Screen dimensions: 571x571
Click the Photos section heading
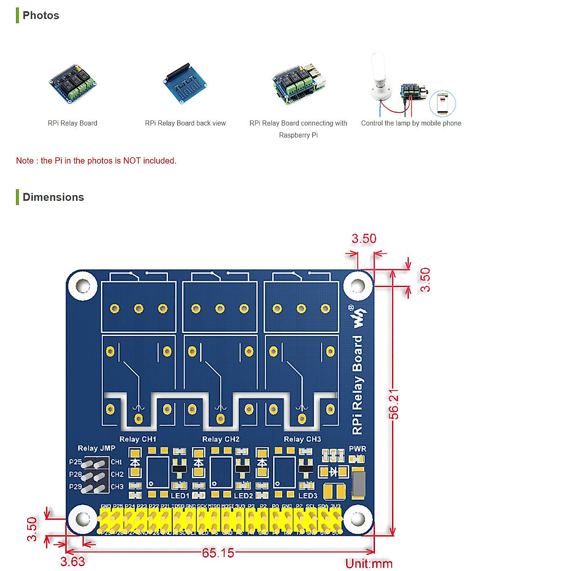41,15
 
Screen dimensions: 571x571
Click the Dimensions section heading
53,197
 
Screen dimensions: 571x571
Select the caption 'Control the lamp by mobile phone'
411,123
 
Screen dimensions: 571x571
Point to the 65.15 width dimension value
218,553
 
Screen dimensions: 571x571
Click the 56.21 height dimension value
394,404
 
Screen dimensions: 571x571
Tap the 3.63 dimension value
72,562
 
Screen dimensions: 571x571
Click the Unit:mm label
369,564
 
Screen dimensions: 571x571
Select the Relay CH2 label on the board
221,439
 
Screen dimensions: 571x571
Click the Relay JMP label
97,448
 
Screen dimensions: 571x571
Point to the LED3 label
308,496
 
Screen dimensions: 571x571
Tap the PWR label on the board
357,449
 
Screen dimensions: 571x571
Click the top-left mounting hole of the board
83,286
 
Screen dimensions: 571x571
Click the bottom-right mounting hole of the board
357,519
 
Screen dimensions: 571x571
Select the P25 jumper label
75,462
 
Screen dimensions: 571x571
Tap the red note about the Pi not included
96,161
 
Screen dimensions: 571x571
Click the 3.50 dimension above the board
364,238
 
